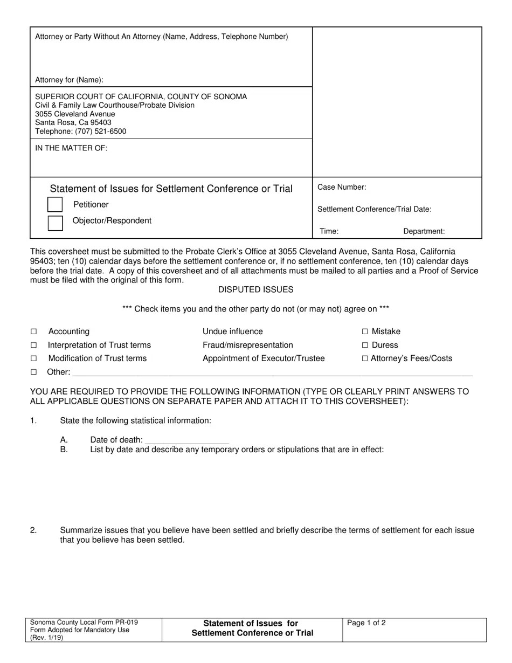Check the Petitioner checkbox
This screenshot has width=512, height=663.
point(55,204)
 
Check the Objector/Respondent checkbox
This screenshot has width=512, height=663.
point(56,223)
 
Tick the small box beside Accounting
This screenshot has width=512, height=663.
point(33,331)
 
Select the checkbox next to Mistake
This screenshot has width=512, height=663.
point(365,331)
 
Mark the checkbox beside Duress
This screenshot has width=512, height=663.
point(365,345)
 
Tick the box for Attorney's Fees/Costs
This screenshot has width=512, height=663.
point(365,358)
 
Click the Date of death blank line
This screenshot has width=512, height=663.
point(187,440)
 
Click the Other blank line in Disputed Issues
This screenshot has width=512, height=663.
point(272,372)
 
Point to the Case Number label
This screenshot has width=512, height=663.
point(342,187)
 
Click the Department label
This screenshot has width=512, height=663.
point(424,231)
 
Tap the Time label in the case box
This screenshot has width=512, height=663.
point(329,231)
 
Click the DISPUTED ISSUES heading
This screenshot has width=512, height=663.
point(255,290)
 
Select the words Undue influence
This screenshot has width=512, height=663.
point(232,331)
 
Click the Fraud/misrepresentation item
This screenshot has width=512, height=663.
point(247,345)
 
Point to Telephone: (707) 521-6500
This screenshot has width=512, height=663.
point(81,132)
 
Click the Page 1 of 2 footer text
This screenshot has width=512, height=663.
point(366,623)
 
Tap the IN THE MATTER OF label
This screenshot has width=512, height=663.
point(71,148)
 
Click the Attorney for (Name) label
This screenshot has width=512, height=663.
point(69,80)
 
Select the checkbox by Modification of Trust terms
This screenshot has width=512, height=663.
point(33,358)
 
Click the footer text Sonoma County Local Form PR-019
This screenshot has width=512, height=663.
point(80,622)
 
